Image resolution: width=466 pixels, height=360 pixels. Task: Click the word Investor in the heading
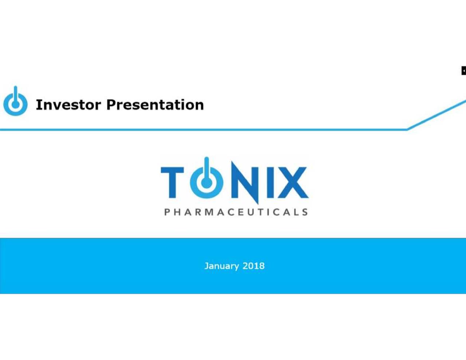click(x=68, y=105)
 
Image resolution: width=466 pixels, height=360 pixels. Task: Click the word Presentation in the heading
click(x=155, y=105)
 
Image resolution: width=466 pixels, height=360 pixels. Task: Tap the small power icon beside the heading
click(x=15, y=102)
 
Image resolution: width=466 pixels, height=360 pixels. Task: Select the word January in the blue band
click(x=221, y=266)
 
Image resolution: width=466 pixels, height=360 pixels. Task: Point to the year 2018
click(x=253, y=266)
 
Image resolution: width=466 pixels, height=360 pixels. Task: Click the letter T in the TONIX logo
click(x=172, y=182)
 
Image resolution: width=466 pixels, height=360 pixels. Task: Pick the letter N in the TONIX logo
click(x=245, y=182)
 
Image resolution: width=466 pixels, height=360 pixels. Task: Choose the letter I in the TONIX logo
click(x=270, y=182)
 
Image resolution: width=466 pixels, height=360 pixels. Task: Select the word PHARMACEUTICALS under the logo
click(x=236, y=212)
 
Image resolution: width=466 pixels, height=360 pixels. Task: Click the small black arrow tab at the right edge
click(x=463, y=71)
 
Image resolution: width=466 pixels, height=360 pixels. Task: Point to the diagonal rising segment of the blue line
click(x=437, y=115)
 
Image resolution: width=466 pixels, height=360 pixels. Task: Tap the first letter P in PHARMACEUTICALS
click(x=167, y=212)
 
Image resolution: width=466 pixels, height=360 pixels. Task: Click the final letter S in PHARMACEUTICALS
click(x=305, y=212)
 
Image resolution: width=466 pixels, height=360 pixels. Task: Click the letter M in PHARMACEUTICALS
click(x=209, y=212)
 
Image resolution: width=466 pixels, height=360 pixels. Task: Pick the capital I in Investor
click(x=38, y=105)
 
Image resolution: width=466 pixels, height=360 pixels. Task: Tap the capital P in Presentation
click(x=111, y=105)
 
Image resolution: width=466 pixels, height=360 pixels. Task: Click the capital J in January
click(x=206, y=266)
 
